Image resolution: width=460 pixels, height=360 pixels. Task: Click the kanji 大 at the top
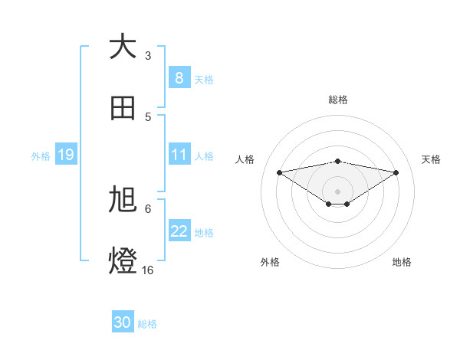[123, 47]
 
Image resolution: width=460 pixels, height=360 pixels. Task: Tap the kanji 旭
[123, 201]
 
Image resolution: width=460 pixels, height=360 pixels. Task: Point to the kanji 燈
[123, 260]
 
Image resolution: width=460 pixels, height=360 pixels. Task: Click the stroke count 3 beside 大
[148, 55]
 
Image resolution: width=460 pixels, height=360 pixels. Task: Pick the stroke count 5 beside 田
[148, 116]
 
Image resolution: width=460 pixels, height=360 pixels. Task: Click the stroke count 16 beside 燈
[148, 270]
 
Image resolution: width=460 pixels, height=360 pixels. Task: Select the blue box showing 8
[179, 77]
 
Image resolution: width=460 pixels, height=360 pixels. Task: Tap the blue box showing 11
[179, 155]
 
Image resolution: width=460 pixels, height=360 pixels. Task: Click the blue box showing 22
[179, 231]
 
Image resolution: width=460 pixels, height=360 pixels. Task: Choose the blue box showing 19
[65, 155]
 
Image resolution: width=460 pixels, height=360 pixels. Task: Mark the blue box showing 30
[123, 322]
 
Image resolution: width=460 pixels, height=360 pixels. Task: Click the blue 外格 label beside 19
[41, 155]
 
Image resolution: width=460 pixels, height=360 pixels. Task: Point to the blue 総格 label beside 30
[147, 324]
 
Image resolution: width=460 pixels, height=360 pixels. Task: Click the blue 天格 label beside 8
[204, 79]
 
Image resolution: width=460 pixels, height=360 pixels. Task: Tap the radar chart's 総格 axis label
[338, 100]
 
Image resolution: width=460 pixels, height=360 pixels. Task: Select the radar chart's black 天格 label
[431, 159]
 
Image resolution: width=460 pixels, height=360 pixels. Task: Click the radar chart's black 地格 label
[402, 262]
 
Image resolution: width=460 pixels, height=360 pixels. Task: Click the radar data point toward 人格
[280, 172]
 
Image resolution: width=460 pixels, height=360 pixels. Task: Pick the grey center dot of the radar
[338, 191]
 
